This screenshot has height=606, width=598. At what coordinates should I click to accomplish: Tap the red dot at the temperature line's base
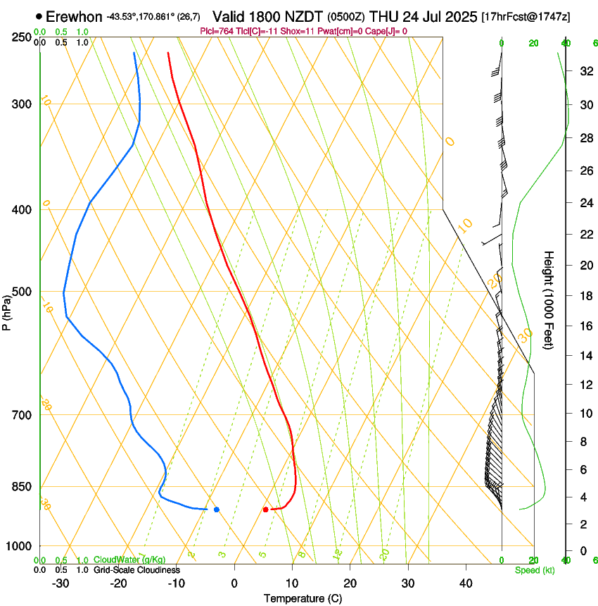coord(265,509)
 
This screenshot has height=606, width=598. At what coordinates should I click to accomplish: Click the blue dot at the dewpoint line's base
coord(217,509)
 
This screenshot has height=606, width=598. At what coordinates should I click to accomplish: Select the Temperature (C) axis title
coord(303,598)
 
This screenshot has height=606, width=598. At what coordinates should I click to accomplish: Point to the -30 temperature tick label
coord(61,583)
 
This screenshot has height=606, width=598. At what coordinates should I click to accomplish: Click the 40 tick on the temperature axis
coord(466,583)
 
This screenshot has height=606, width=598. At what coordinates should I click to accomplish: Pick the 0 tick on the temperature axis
coord(234,583)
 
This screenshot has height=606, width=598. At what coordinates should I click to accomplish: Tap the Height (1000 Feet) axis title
coord(549,300)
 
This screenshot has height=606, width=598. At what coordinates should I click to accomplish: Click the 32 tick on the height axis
coord(585,71)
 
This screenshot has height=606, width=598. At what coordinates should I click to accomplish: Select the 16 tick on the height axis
coord(585,326)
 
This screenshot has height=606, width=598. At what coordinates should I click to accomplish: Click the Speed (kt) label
coord(534,570)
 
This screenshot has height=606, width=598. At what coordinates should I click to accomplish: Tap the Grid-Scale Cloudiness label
coord(136,570)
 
